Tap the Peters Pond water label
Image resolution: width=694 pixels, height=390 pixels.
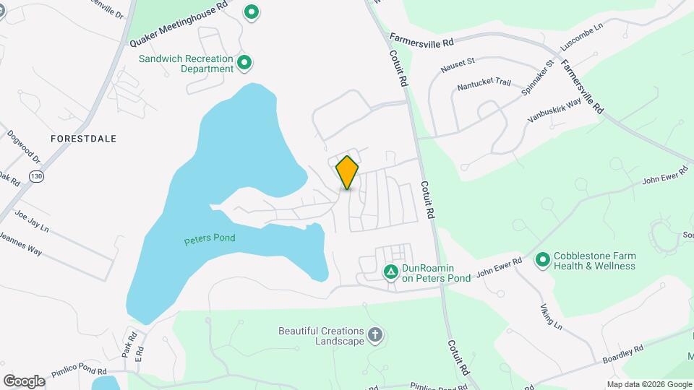tap(210, 238)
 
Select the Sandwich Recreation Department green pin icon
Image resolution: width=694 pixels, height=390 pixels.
tap(244, 64)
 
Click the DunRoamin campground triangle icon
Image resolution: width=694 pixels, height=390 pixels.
tap(390, 272)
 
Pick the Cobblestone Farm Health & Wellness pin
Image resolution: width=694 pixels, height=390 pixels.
tap(543, 259)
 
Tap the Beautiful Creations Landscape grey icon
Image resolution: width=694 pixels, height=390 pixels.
tap(374, 334)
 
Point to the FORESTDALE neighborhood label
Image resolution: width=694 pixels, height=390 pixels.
tap(83, 137)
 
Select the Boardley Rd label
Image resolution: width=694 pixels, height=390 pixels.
tap(622, 354)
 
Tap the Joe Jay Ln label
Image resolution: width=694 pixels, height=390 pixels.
tap(31, 220)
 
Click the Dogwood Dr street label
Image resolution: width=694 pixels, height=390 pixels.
tap(24, 147)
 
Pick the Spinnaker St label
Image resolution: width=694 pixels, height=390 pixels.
tap(538, 78)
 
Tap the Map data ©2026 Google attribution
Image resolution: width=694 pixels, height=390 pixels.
tap(649, 384)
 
